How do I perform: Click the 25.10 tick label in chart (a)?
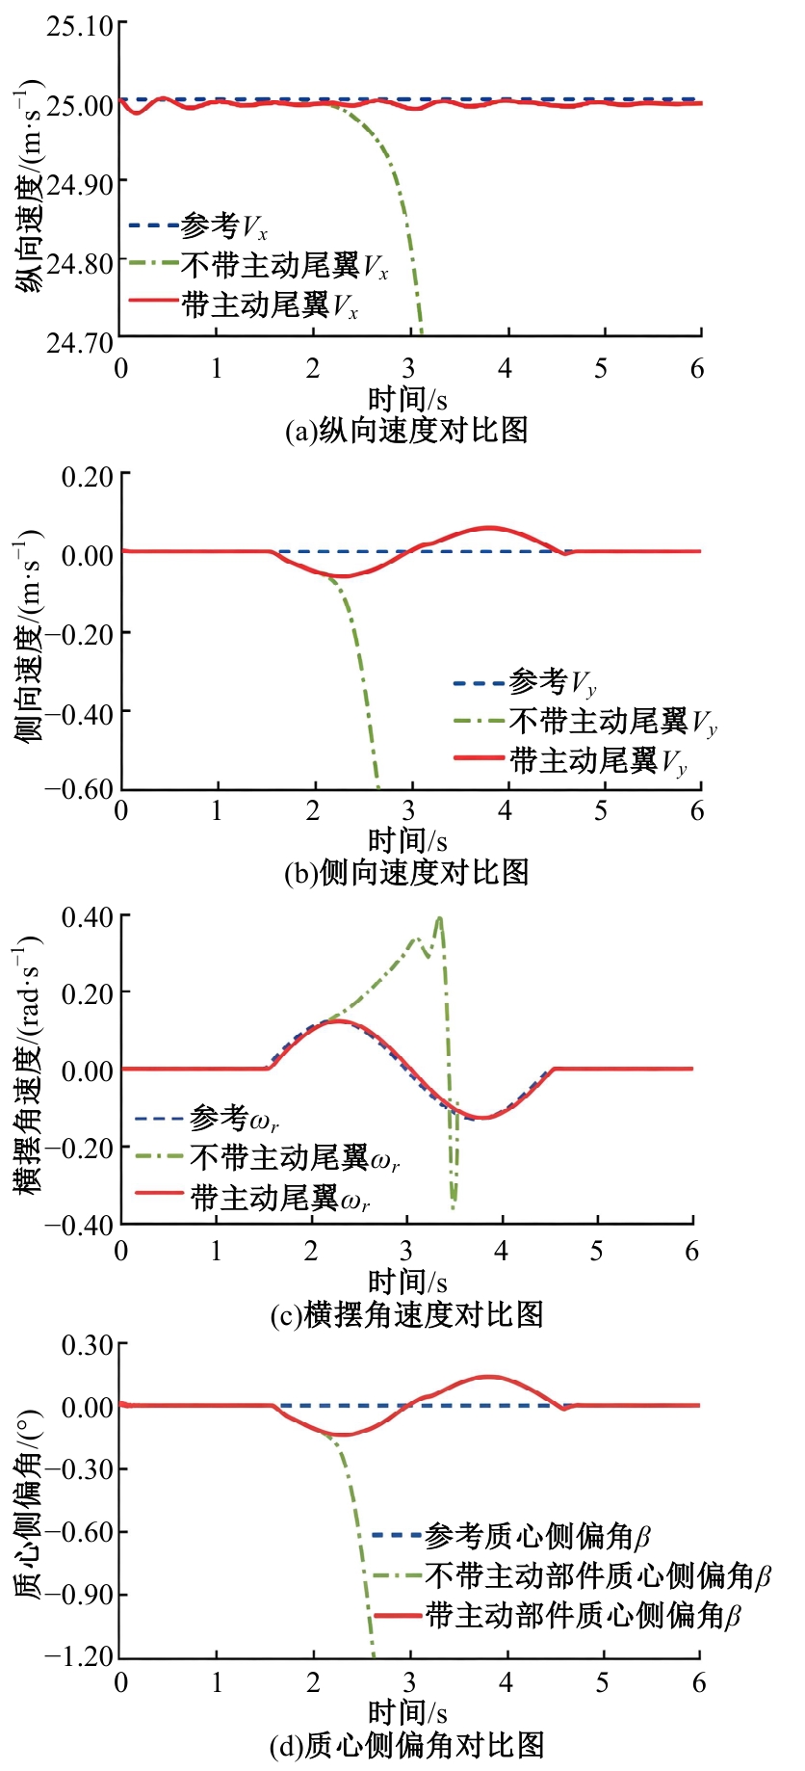[x=80, y=26]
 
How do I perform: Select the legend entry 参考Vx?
[x=198, y=226]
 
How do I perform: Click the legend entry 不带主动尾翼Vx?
[x=259, y=265]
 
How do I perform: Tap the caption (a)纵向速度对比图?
[x=407, y=430]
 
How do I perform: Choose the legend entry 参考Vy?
[x=526, y=683]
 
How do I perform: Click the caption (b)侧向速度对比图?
[x=407, y=872]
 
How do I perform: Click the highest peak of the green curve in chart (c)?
[x=440, y=917]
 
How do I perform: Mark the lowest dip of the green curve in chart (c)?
[x=454, y=1204]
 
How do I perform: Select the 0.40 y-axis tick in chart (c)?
[x=87, y=917]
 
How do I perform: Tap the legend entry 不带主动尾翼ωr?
[x=268, y=1157]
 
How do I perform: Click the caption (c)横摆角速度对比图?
[x=407, y=1314]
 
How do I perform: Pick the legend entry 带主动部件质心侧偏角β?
[x=558, y=1615]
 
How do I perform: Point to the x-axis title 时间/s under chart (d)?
[x=407, y=1712]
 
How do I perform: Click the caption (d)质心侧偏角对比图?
[x=407, y=1745]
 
